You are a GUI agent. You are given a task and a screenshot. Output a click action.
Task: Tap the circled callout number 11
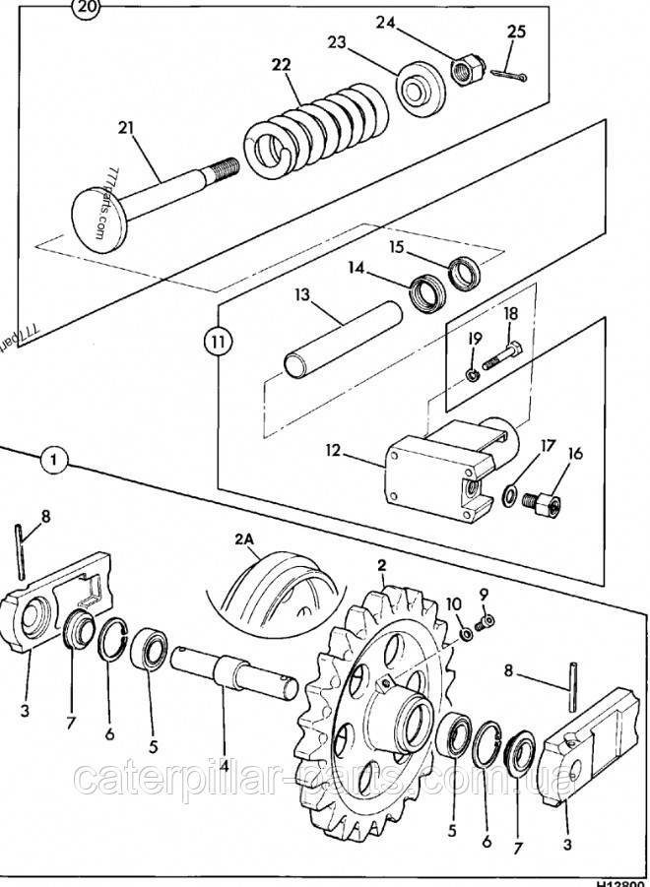[x=218, y=344]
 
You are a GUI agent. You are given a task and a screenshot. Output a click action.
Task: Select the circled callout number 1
[x=55, y=460]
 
